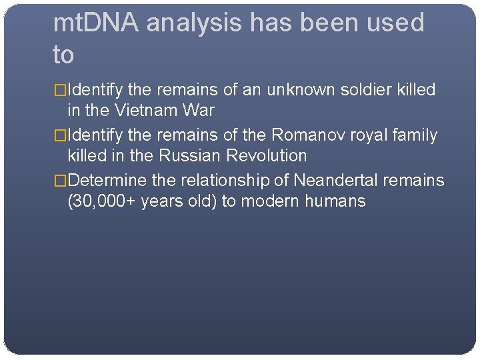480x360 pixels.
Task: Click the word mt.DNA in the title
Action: tap(96, 23)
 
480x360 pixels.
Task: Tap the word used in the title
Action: tap(393, 23)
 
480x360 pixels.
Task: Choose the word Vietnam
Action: tap(145, 110)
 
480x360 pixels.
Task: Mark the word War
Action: tap(198, 110)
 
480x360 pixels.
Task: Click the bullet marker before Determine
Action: tap(60, 181)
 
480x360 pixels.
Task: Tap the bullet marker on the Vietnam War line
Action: tap(60, 90)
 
